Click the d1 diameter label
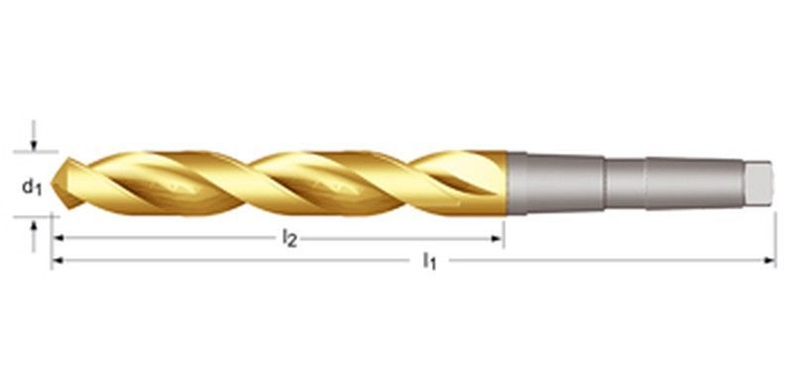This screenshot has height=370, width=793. pos(32,185)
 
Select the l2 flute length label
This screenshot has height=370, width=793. pos(289,238)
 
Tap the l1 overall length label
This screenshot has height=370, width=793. pos(429,262)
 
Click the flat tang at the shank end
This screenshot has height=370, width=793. pos(759,183)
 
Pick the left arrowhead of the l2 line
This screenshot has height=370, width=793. pos(57,238)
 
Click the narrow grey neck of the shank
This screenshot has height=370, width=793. pos(624,183)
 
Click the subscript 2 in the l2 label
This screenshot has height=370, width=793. pos(293,241)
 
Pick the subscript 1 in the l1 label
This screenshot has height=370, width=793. pos(433,265)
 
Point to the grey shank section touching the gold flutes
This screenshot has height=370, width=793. pos(555,183)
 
